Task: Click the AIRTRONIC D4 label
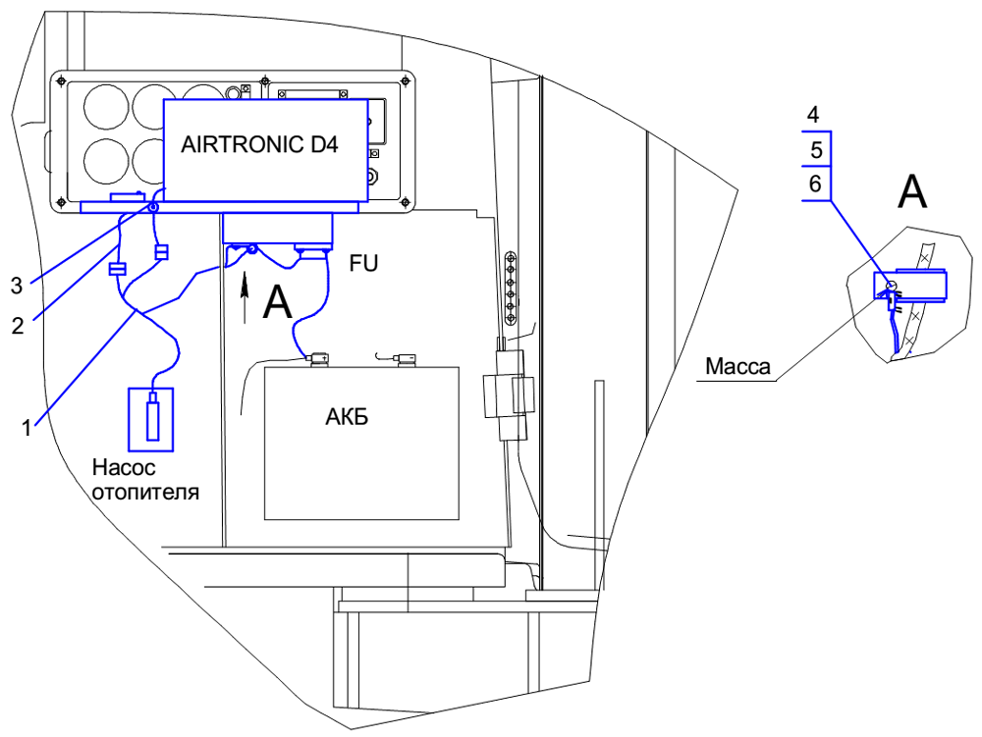(x=259, y=144)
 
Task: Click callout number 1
(x=27, y=427)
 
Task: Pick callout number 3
(x=16, y=286)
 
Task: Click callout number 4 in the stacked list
(x=812, y=115)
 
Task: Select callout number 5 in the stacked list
(x=812, y=149)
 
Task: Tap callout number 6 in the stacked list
(x=812, y=184)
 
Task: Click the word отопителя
(x=145, y=492)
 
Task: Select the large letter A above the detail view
(x=912, y=192)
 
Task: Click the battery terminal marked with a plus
(x=317, y=359)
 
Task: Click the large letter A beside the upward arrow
(x=278, y=302)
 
